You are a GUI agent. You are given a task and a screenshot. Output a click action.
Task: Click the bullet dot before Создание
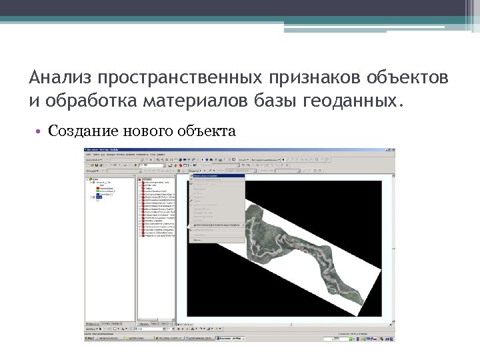[41, 131]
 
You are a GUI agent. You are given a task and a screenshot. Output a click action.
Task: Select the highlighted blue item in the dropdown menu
[217, 176]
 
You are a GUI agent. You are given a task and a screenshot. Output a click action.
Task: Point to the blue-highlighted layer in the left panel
[99, 197]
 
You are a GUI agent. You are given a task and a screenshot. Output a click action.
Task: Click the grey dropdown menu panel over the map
[217, 213]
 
